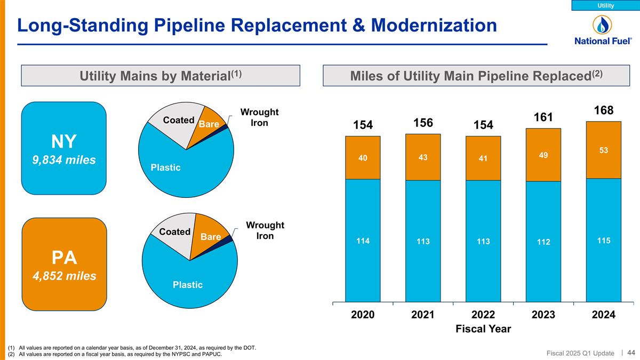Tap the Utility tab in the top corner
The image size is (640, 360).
605,5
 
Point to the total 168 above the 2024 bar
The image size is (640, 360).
603,110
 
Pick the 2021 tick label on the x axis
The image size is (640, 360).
422,315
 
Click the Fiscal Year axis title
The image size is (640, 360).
483,329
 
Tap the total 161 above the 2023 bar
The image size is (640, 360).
543,117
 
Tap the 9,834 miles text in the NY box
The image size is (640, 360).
64,159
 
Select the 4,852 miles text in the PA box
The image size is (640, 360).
64,276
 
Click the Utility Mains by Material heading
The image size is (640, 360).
161,76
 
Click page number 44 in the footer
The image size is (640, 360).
631,353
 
